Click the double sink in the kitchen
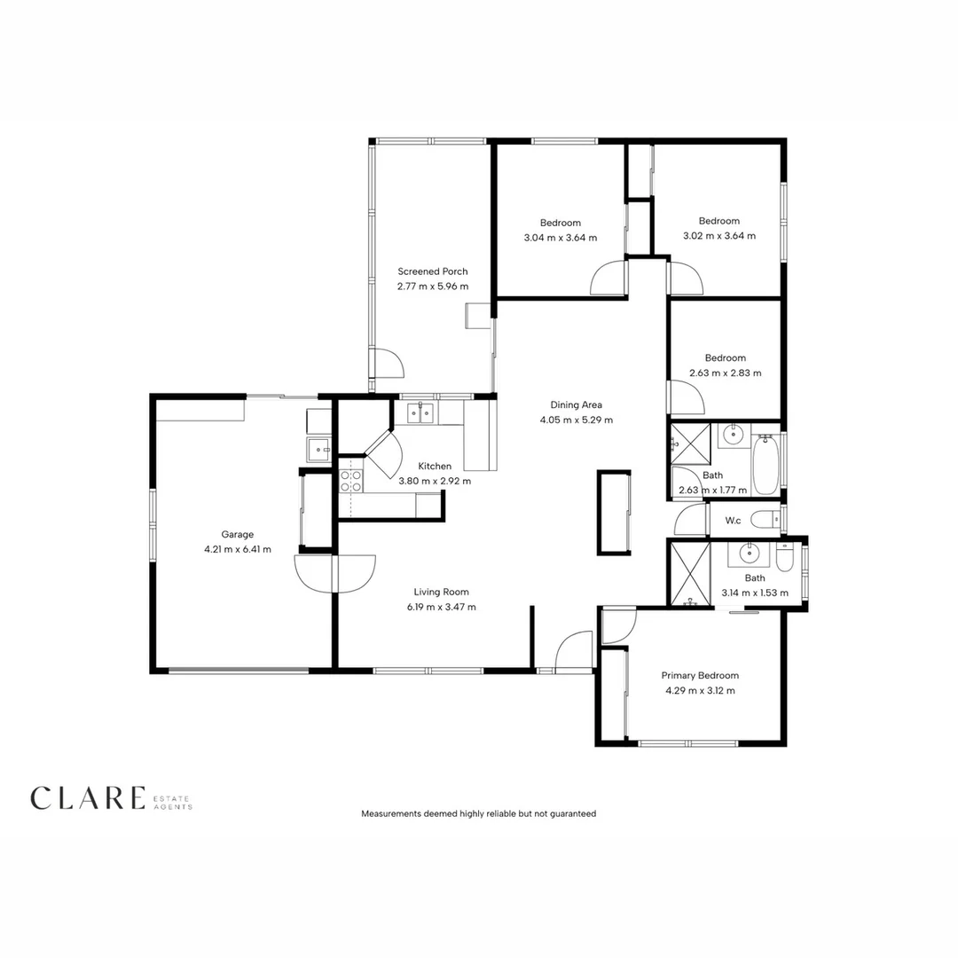coord(420,412)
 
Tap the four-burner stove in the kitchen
coord(350,481)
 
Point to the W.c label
coord(733,520)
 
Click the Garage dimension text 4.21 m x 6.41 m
coord(237,549)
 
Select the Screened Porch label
coord(432,271)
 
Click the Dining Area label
coord(576,404)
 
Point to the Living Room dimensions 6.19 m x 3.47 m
coord(441,607)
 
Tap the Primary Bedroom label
coord(699,675)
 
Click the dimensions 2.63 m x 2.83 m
coord(725,373)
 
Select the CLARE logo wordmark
coord(87,798)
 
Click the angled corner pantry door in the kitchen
coord(382,452)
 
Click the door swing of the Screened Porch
coord(387,364)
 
